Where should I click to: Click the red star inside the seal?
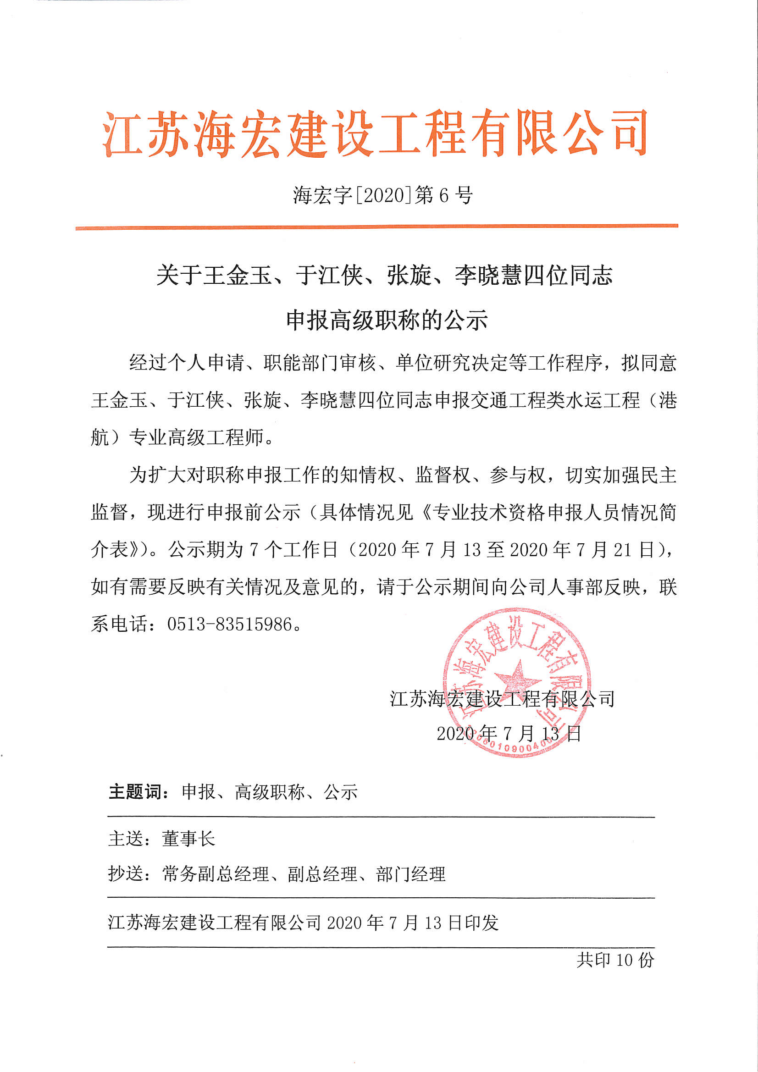click(x=516, y=678)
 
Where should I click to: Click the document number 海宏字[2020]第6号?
click(x=382, y=195)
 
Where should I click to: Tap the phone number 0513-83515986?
click(x=229, y=624)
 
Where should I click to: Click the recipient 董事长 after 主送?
click(x=188, y=839)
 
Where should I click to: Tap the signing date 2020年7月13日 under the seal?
click(x=509, y=734)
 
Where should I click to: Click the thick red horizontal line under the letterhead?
click(x=376, y=227)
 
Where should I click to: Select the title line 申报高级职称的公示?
click(x=387, y=320)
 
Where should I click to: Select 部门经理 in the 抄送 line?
click(x=410, y=873)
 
